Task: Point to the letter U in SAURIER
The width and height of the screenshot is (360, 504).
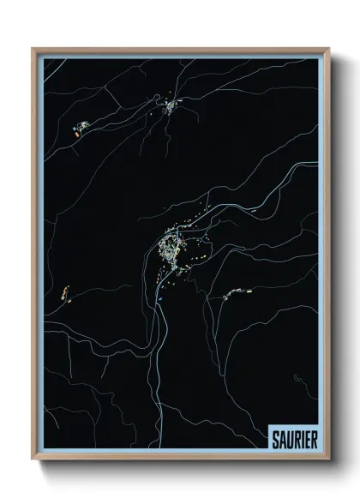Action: [x=287, y=441]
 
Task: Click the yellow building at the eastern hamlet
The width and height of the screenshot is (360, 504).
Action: [x=249, y=291]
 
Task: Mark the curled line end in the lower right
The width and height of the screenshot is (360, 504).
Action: [x=296, y=378]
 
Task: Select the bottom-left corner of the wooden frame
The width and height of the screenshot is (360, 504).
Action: [x=33, y=462]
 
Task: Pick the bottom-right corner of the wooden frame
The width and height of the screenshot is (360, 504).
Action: [x=328, y=462]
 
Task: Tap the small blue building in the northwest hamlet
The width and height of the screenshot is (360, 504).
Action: [x=85, y=126]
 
